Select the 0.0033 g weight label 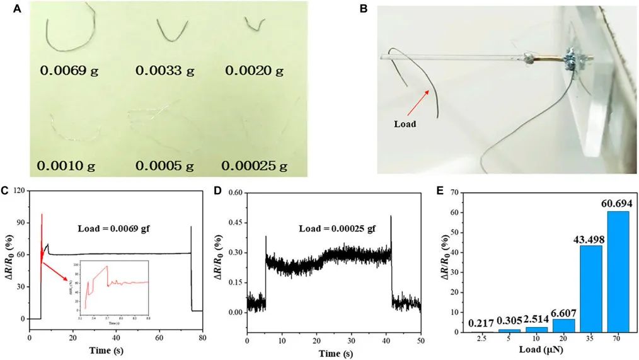coord(165,71)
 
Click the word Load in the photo coord(405,124)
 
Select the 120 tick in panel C coord(20,191)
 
